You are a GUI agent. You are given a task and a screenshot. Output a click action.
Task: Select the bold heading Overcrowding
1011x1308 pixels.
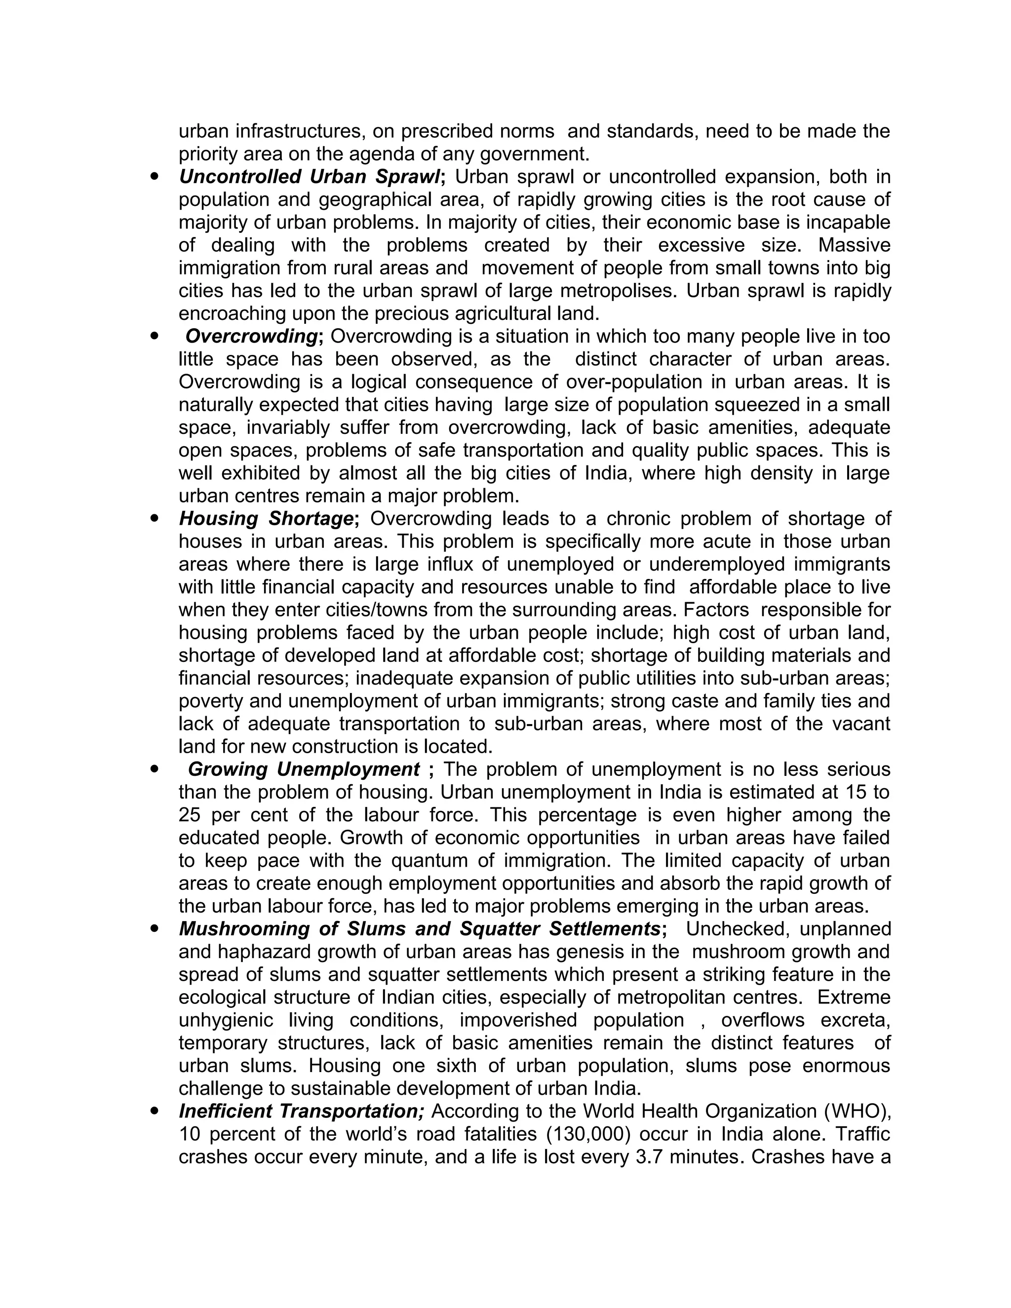[x=251, y=337]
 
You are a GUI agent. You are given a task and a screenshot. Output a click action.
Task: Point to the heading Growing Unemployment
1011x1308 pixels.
[x=304, y=769]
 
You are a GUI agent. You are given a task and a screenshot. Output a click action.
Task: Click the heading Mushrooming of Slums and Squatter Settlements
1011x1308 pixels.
[x=419, y=929]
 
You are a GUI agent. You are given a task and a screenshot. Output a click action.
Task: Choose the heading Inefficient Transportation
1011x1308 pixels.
[x=301, y=1111]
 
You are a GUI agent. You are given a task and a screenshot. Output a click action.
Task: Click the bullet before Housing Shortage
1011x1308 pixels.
[x=156, y=519]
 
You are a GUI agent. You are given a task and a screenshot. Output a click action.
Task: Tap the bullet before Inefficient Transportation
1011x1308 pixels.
[x=156, y=1111]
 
